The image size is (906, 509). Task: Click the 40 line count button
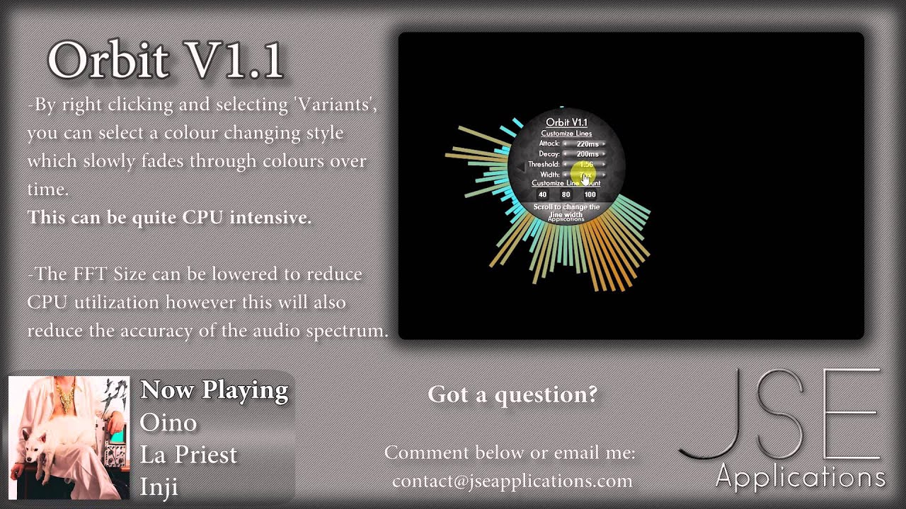click(x=543, y=194)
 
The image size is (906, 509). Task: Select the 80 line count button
click(x=566, y=194)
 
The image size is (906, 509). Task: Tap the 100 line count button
click(x=589, y=194)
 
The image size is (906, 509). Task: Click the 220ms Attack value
click(x=587, y=144)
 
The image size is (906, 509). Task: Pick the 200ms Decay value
click(x=587, y=153)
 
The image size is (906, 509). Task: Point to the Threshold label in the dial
click(x=544, y=164)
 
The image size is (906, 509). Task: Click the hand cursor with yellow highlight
click(x=586, y=176)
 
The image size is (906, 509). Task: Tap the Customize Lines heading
click(x=566, y=133)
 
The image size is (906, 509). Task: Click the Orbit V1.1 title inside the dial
click(x=566, y=122)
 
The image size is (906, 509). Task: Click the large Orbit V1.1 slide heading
click(x=166, y=60)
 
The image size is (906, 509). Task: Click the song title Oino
click(x=168, y=422)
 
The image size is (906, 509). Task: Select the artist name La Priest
click(x=188, y=455)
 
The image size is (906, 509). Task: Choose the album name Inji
click(x=159, y=487)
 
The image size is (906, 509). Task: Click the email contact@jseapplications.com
click(x=512, y=481)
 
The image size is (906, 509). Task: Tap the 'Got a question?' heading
click(x=512, y=394)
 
